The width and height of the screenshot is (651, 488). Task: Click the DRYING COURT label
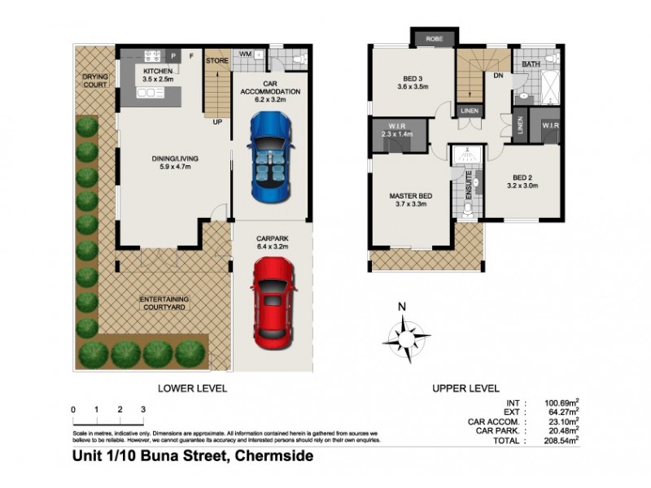click(x=94, y=81)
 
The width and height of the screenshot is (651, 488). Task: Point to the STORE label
click(x=216, y=59)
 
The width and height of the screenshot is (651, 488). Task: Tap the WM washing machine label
click(x=245, y=54)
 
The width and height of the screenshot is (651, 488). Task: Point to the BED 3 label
click(x=412, y=78)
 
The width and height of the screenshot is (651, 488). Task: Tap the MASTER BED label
click(x=412, y=196)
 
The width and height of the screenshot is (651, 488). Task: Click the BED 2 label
click(x=524, y=177)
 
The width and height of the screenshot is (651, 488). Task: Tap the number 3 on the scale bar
click(x=143, y=408)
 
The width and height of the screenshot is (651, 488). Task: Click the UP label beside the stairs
click(x=217, y=122)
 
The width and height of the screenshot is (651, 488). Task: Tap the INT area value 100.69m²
click(x=560, y=403)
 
